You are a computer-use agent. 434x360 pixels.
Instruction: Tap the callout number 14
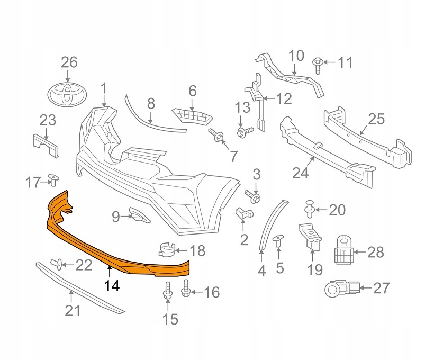(x=112, y=286)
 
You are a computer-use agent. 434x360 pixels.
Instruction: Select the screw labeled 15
(x=167, y=293)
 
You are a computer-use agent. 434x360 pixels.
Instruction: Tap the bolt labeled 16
(x=186, y=290)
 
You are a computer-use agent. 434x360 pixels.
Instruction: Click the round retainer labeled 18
(x=167, y=249)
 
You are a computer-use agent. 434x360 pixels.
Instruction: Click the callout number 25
(x=376, y=119)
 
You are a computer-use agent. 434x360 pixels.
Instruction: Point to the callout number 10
(x=296, y=55)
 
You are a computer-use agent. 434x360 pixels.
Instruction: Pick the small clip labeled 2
(x=243, y=214)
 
